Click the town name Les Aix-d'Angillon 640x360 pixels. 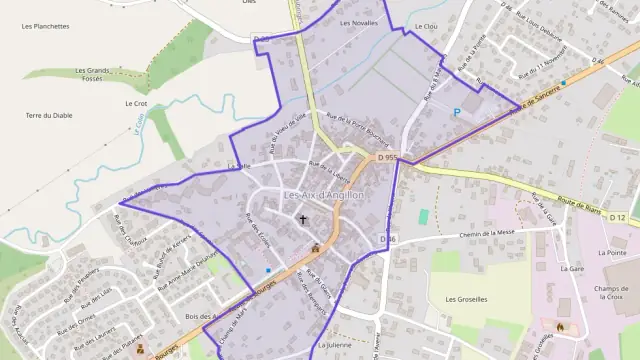[324, 194]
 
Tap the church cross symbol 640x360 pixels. [302, 218]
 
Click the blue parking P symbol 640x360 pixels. [457, 112]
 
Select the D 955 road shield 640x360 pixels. [387, 157]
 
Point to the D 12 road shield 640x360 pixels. [618, 217]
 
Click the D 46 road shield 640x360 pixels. [388, 239]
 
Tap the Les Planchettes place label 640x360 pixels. [46, 26]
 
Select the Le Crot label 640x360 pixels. [136, 103]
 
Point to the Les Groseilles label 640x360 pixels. [465, 299]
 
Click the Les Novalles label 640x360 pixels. [359, 22]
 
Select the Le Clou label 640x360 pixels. [424, 26]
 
